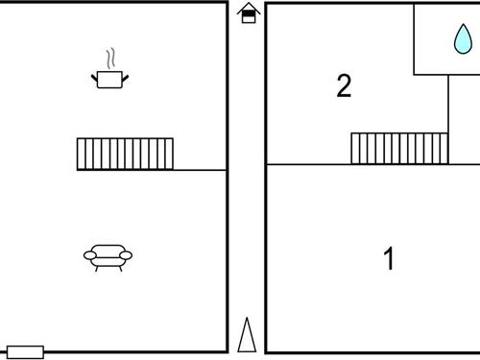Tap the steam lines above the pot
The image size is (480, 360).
click(110, 59)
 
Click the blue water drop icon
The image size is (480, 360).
click(463, 39)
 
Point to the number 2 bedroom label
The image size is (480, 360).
click(344, 85)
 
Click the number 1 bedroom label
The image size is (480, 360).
click(389, 258)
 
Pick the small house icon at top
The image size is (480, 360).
click(249, 12)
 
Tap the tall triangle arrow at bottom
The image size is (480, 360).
click(247, 335)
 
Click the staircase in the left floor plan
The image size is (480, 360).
click(125, 154)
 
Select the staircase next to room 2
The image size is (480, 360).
click(399, 149)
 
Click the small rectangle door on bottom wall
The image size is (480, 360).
click(25, 352)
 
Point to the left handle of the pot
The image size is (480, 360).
click(94, 78)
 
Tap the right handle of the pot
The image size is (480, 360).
click(125, 78)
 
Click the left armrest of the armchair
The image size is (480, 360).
click(90, 255)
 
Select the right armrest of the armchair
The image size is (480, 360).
click(126, 255)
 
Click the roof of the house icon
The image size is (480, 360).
click(249, 9)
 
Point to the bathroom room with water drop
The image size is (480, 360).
click(447, 39)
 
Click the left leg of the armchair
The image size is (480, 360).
click(97, 269)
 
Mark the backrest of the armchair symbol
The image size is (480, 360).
click(108, 250)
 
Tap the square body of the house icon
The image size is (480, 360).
click(249, 16)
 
